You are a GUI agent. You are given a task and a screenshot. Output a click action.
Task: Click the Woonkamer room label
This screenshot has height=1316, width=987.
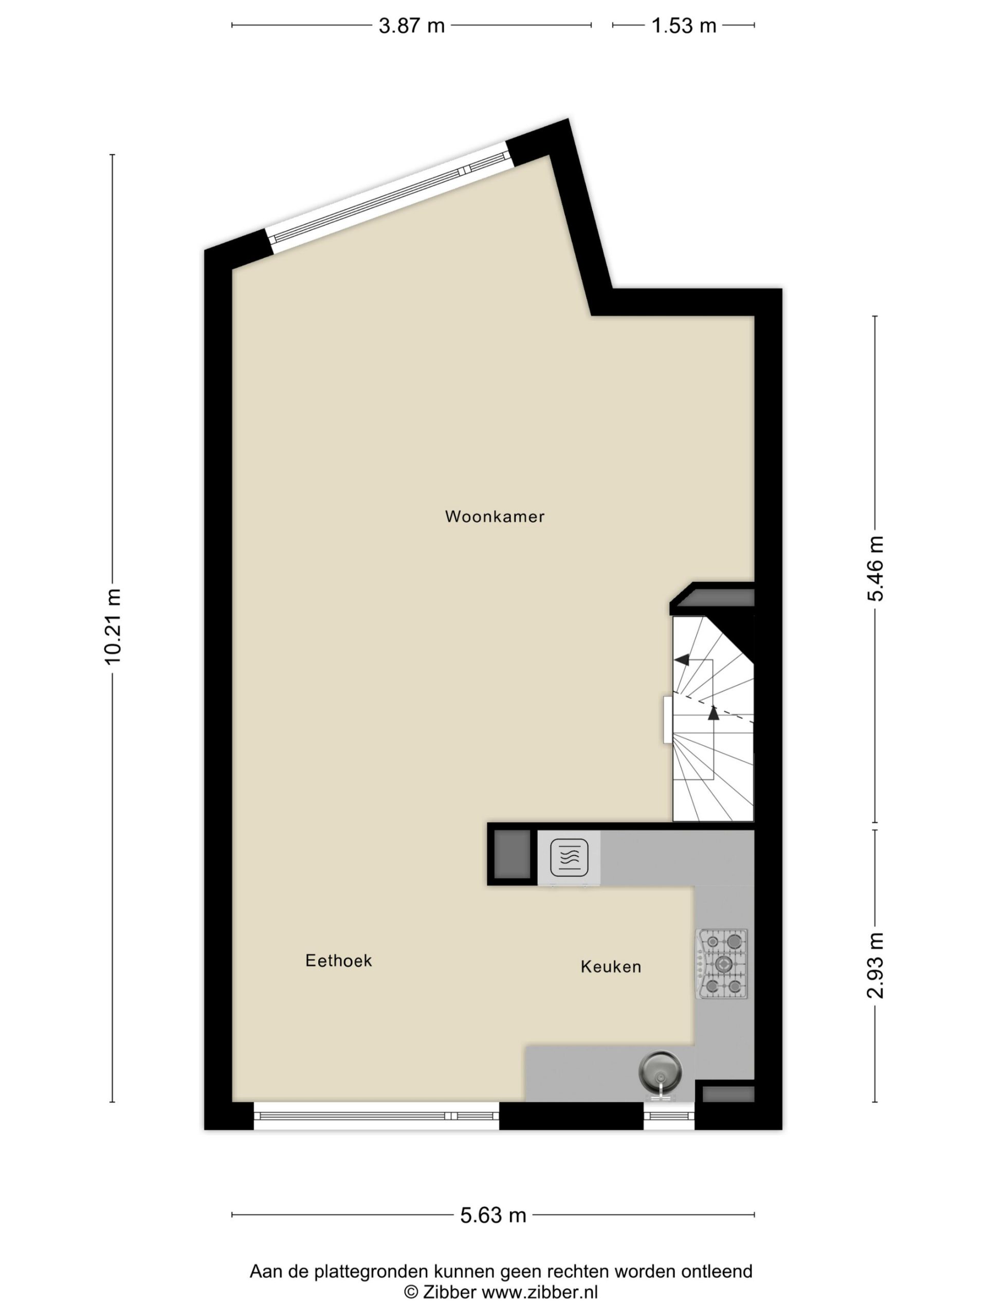tap(495, 517)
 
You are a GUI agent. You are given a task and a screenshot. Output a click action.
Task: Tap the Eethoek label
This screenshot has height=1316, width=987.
tap(339, 960)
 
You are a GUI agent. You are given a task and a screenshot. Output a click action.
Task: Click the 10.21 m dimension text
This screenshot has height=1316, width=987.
tap(113, 627)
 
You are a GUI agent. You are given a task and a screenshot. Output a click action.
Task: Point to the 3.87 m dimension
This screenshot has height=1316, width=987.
tap(412, 26)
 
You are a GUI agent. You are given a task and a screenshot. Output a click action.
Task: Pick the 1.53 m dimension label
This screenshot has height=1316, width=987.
tap(684, 26)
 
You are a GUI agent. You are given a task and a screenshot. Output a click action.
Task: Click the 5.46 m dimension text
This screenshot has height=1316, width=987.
tap(875, 569)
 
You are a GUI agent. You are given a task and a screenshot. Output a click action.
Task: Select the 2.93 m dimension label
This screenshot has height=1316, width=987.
tap(875, 965)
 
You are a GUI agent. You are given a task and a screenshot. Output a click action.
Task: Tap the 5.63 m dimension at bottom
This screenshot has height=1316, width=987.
tap(493, 1215)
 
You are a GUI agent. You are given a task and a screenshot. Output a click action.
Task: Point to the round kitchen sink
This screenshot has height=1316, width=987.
tap(660, 1070)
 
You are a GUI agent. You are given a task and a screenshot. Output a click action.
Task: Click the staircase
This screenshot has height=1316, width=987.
tap(712, 719)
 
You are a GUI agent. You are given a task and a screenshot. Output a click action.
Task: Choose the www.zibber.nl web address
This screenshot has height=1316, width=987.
tap(540, 1292)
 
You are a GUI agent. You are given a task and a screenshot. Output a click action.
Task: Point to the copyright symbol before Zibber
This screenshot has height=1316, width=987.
tap(411, 1292)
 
